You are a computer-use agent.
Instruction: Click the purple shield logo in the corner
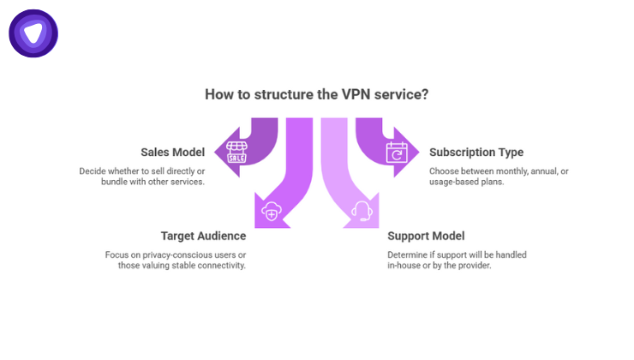(x=33, y=33)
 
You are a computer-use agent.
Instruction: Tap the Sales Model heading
(x=172, y=153)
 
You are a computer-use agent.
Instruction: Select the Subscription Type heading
(x=475, y=153)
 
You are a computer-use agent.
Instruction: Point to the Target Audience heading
(x=203, y=235)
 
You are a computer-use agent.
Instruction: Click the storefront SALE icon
(x=236, y=153)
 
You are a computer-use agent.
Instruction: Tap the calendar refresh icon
(x=395, y=153)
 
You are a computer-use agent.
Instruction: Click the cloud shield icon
(x=271, y=212)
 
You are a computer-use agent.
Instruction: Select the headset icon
(x=362, y=212)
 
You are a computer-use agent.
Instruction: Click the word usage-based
(x=455, y=183)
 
